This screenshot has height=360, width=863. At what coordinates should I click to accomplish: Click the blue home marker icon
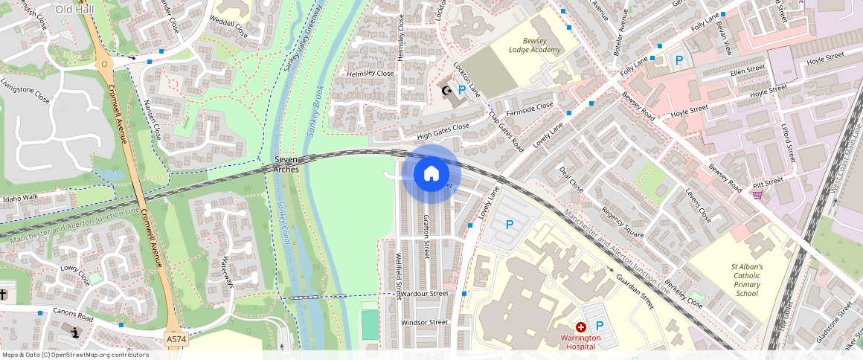(431, 174)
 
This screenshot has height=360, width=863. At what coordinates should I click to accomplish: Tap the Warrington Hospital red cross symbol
(581, 327)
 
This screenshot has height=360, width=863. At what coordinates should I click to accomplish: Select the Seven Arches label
(286, 164)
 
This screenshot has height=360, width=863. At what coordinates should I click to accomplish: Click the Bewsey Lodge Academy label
(534, 45)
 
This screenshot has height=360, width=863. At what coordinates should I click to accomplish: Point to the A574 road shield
(176, 339)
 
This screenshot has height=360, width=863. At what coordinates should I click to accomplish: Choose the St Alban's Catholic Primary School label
(746, 280)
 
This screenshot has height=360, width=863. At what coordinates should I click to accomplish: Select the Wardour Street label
(425, 294)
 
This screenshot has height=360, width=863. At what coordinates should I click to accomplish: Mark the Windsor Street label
(425, 323)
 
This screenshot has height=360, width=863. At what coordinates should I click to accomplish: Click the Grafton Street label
(426, 237)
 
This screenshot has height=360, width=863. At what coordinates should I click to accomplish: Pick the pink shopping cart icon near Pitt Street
(757, 195)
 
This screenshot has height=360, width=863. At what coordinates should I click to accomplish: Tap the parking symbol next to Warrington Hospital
(599, 326)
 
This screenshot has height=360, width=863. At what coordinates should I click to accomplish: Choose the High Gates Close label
(443, 132)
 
